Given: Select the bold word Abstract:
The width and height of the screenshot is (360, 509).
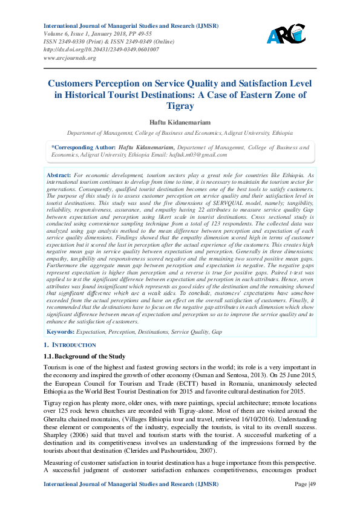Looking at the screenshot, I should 58,174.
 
